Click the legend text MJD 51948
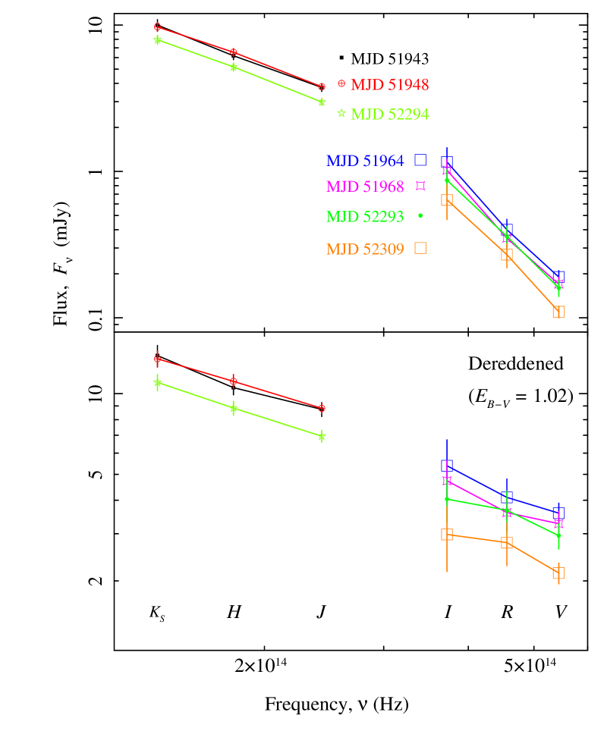tap(389, 85)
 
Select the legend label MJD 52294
tap(389, 115)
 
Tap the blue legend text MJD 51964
tap(365, 161)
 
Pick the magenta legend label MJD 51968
tap(365, 186)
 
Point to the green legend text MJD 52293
tap(365, 216)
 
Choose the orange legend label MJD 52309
tap(365, 249)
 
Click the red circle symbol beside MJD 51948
tap(341, 84)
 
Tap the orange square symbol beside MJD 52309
tap(420, 248)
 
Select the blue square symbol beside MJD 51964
tap(420, 160)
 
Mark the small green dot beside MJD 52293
tap(420, 216)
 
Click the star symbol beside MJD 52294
tap(341, 113)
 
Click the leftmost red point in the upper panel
tap(158, 27)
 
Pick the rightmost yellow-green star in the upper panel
tap(322, 102)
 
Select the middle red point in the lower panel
tap(234, 381)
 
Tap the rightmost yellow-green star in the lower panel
tap(322, 436)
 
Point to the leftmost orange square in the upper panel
tap(447, 199)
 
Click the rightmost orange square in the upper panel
tap(558, 312)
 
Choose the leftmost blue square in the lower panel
tap(447, 465)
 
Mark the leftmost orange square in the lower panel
tap(447, 535)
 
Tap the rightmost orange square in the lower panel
tap(558, 573)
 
